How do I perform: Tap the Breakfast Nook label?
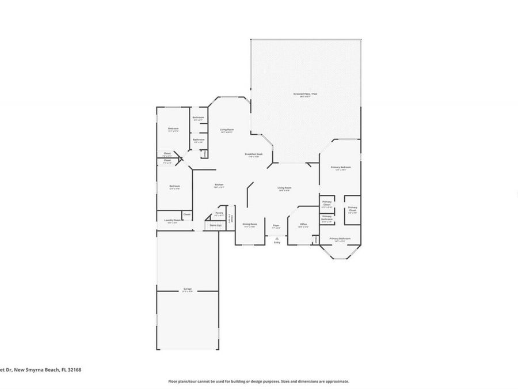(x=254, y=154)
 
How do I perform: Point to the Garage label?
(x=188, y=288)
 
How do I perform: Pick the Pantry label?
(x=219, y=213)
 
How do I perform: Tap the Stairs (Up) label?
(x=215, y=225)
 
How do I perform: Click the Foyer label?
(x=276, y=225)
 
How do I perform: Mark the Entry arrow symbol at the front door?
(x=277, y=236)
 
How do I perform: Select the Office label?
(x=303, y=224)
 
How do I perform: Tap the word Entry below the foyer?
(x=277, y=243)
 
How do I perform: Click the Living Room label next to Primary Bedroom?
(x=284, y=188)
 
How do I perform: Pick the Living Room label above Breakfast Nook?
(x=226, y=130)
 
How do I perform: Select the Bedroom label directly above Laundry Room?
(x=174, y=186)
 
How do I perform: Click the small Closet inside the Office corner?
(x=316, y=238)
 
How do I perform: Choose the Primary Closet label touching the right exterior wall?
(x=352, y=209)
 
